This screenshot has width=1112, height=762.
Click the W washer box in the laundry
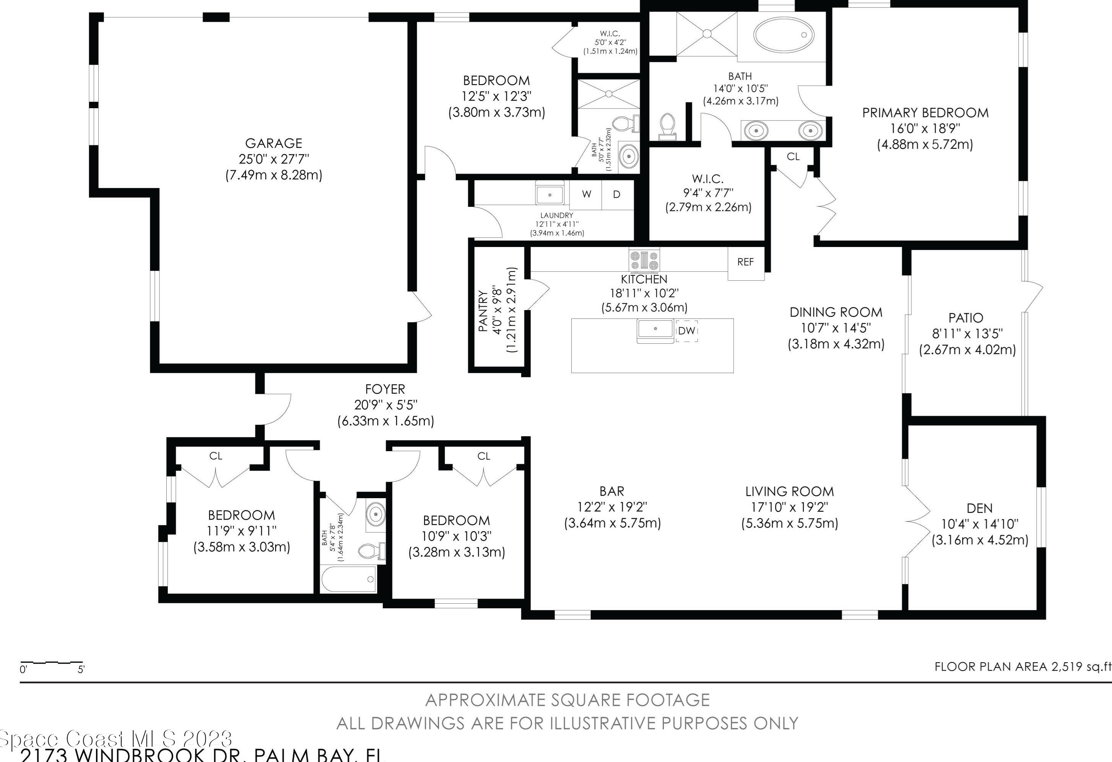[x=586, y=194]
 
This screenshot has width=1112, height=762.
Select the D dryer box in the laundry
[x=617, y=194]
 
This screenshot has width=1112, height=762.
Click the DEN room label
[x=979, y=508]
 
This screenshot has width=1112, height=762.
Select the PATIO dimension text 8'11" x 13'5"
[x=967, y=333]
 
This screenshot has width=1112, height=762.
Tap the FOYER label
[x=385, y=389]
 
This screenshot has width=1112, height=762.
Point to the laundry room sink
[x=549, y=195]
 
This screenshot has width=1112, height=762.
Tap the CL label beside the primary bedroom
[x=793, y=156]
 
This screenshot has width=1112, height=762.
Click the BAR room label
[x=612, y=491]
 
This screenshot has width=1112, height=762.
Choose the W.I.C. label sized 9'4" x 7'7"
[x=707, y=179]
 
